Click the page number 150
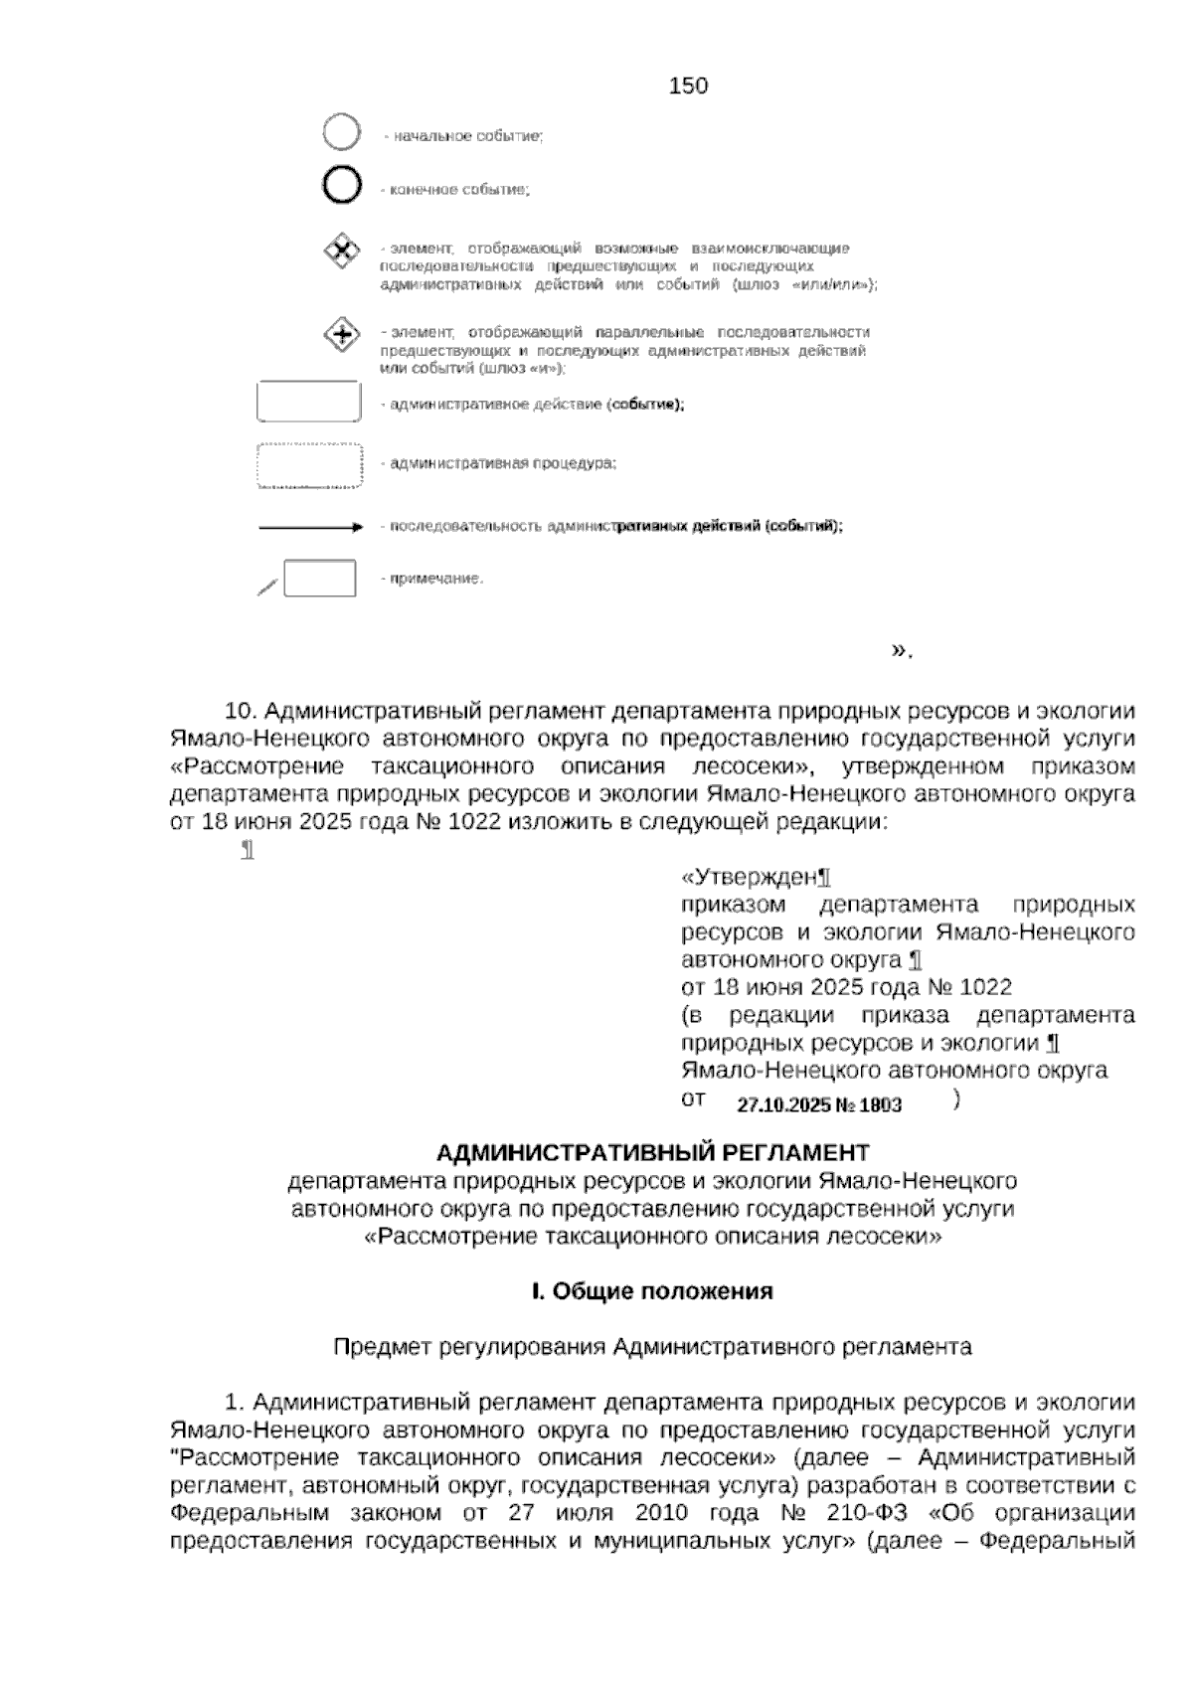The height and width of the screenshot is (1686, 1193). [688, 86]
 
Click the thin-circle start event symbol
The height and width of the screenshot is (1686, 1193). [341, 132]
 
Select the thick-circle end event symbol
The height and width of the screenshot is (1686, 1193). [341, 186]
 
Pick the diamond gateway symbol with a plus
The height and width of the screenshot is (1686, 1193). [342, 335]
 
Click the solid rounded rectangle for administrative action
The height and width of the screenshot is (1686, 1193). [308, 403]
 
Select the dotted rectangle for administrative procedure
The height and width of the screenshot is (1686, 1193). [308, 465]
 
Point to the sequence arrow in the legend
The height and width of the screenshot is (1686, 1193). [309, 528]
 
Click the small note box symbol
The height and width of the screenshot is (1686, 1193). [319, 579]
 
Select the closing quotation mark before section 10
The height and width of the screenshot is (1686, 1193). [901, 651]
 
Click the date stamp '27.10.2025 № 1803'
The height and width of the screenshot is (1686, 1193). [819, 1105]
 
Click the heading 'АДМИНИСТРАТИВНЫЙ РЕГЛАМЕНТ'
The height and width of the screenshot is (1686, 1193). [653, 1152]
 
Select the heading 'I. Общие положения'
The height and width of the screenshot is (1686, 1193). [652, 1291]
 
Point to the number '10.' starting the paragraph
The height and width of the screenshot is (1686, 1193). [243, 712]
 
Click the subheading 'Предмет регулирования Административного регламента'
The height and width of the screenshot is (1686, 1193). [652, 1347]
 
